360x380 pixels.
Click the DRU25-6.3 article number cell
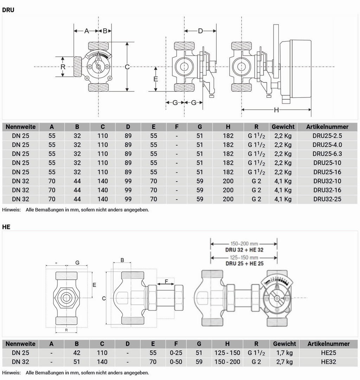(327, 154)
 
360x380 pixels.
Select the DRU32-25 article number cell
(327, 199)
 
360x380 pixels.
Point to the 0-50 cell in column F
(176, 362)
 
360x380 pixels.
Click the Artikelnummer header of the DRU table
(327, 127)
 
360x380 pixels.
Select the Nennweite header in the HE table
(20, 344)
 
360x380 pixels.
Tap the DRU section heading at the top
(8, 10)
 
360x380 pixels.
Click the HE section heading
(6, 227)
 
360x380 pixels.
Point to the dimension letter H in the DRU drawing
(276, 110)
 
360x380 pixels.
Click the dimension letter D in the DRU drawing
(200, 31)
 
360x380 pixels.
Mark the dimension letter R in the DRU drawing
(63, 66)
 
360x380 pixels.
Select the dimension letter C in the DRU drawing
(128, 66)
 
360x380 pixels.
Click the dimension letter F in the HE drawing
(167, 281)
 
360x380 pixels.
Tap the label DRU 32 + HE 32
(244, 250)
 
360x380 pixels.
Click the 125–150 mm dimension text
(244, 258)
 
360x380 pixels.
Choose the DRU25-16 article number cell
(327, 172)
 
